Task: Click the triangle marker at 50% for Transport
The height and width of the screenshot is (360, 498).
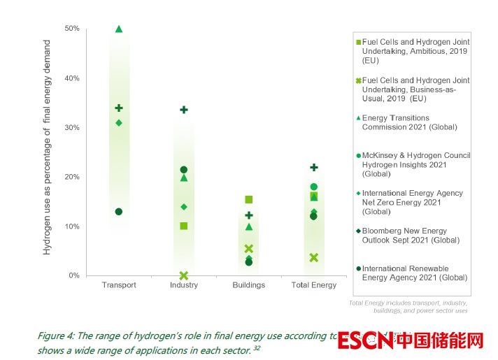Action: [119, 29]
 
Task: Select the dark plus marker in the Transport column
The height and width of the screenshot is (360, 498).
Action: [119, 108]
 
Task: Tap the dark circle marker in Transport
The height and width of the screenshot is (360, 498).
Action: [119, 212]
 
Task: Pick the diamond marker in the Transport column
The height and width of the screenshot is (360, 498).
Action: [119, 123]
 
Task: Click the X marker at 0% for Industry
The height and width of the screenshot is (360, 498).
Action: [184, 276]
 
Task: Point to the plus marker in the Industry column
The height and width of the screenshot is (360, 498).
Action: [184, 110]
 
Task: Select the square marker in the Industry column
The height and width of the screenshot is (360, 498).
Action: [184, 226]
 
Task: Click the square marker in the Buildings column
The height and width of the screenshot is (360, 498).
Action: [249, 200]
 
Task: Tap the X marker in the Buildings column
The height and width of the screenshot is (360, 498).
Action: [249, 249]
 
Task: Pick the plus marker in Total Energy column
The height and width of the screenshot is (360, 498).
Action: [314, 168]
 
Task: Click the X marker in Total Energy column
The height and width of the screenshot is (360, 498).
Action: [314, 257]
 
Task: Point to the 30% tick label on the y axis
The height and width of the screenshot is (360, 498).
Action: [72, 128]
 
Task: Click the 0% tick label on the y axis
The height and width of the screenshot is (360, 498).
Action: [73, 276]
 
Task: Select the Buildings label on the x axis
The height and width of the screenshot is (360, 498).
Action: [249, 285]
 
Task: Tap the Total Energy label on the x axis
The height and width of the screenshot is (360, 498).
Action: [314, 285]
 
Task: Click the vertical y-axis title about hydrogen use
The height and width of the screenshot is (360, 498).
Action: [48, 147]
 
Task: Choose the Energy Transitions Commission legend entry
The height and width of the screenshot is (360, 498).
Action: [409, 122]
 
